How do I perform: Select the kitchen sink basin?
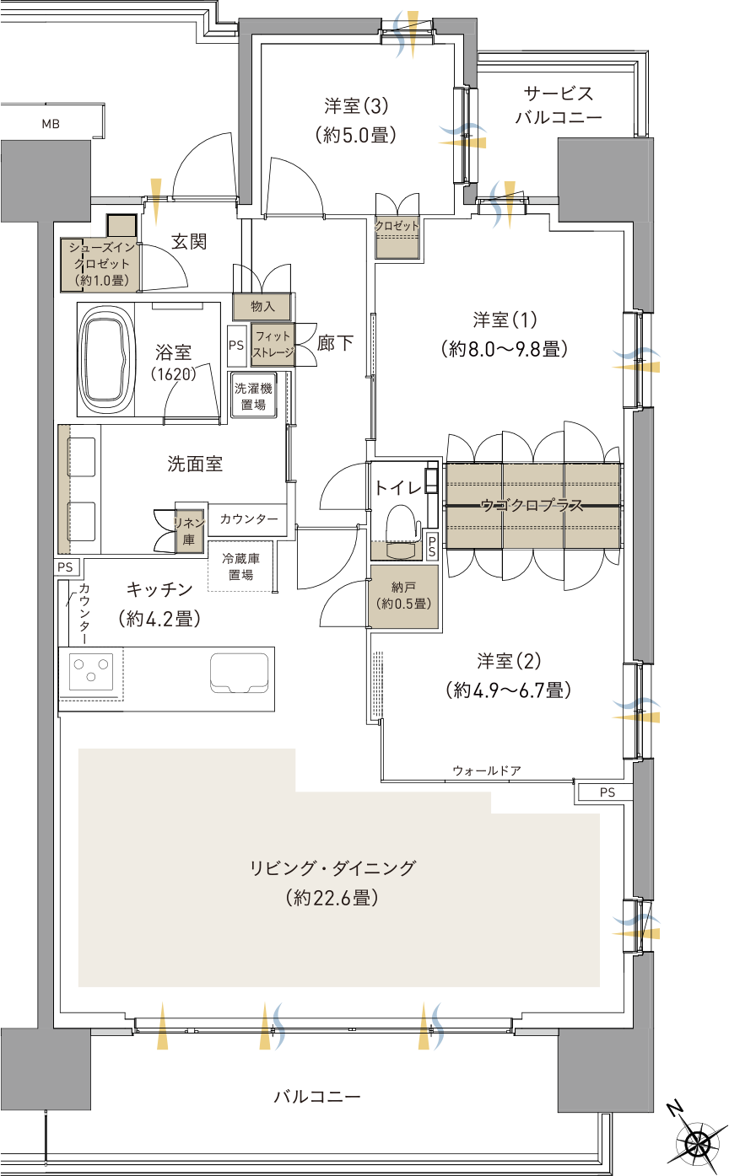[239, 673]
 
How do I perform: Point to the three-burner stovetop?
[91, 671]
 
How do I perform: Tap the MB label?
[51, 125]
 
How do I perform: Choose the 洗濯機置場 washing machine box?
[253, 396]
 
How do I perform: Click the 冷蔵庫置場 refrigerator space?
[240, 567]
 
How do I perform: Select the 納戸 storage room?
[403, 596]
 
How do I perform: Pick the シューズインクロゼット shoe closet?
[100, 265]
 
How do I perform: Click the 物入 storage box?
[262, 307]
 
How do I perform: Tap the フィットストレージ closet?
[273, 345]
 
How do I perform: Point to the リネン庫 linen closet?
[189, 531]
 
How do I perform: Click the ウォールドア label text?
[487, 771]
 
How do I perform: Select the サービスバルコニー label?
[559, 105]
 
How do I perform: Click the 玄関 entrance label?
[189, 241]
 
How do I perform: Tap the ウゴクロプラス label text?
[532, 506]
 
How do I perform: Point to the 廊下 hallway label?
[335, 343]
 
